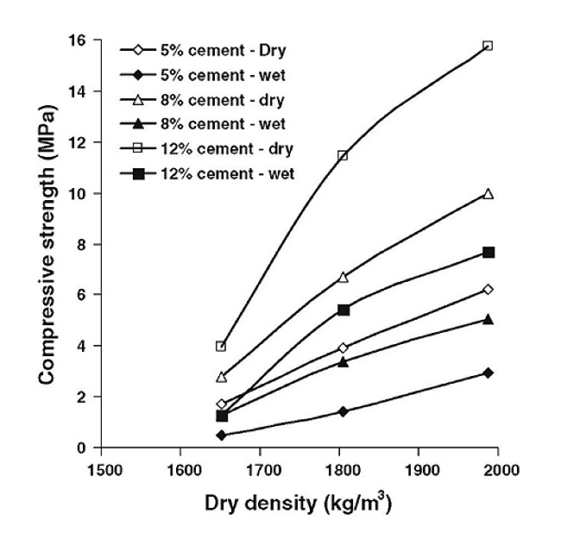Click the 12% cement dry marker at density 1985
tap(488, 46)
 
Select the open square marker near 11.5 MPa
tap(344, 156)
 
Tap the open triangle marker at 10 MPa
tap(489, 194)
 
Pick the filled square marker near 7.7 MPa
tap(489, 253)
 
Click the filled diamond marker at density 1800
tap(344, 411)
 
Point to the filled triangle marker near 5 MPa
tap(489, 319)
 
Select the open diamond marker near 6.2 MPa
tap(489, 289)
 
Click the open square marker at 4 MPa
tap(221, 347)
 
